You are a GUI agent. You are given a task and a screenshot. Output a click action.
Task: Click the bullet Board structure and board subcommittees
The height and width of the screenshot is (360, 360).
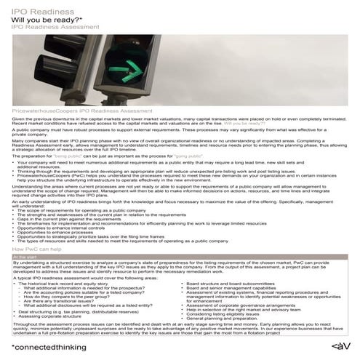(x=233, y=280)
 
